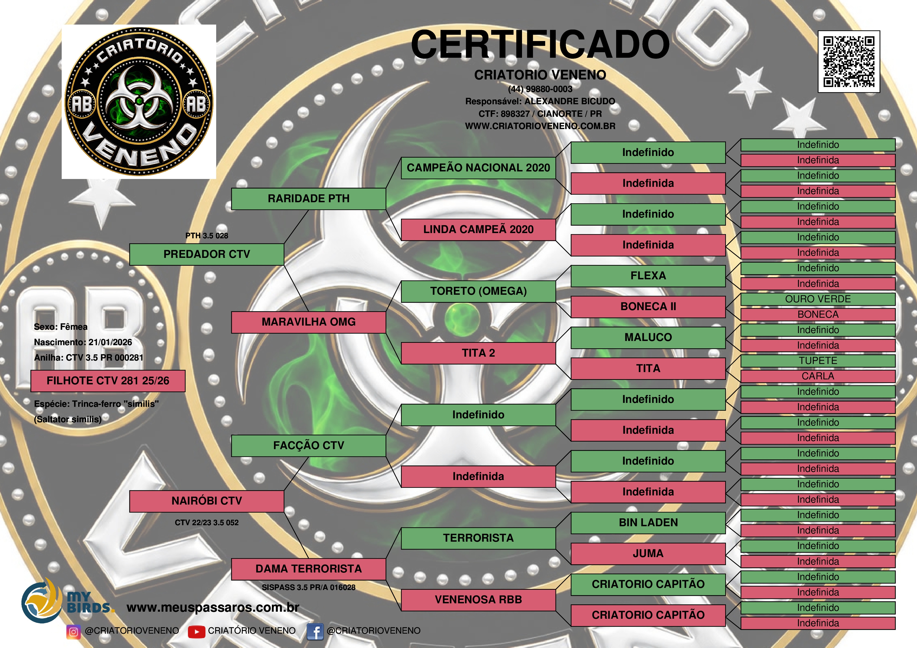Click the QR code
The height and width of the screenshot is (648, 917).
849,61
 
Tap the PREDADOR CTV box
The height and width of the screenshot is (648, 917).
207,254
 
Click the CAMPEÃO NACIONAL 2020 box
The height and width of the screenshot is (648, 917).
478,168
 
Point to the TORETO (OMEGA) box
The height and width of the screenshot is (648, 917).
478,291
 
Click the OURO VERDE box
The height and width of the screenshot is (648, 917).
818,299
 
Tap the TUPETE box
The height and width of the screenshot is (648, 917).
818,361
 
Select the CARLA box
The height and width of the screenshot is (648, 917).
818,376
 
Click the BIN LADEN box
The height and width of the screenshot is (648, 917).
648,523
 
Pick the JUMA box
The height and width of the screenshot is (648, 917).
648,553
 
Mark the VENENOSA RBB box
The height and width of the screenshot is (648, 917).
478,600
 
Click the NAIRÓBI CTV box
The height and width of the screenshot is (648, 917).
207,501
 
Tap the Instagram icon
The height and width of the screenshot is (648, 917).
73,632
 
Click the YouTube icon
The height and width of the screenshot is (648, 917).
196,632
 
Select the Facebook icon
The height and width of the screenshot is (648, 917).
315,632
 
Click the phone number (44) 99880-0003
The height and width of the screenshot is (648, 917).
540,89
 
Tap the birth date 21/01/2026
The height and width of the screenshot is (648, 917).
110,342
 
